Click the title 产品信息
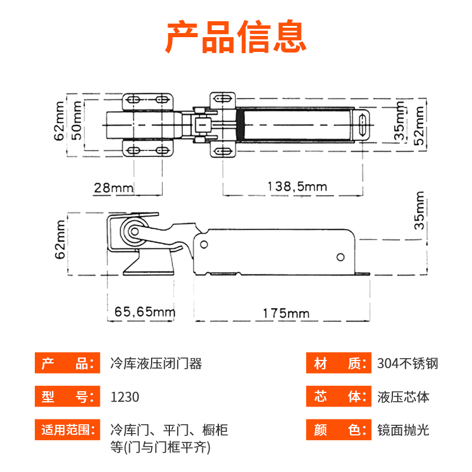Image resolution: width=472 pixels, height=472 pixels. (236, 37)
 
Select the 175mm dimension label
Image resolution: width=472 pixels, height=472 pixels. (287, 313)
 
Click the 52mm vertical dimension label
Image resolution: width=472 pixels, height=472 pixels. (420, 125)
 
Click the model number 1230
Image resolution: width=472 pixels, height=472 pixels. (125, 396)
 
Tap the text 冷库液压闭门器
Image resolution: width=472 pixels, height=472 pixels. (156, 363)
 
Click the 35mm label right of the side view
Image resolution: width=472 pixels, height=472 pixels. (419, 210)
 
